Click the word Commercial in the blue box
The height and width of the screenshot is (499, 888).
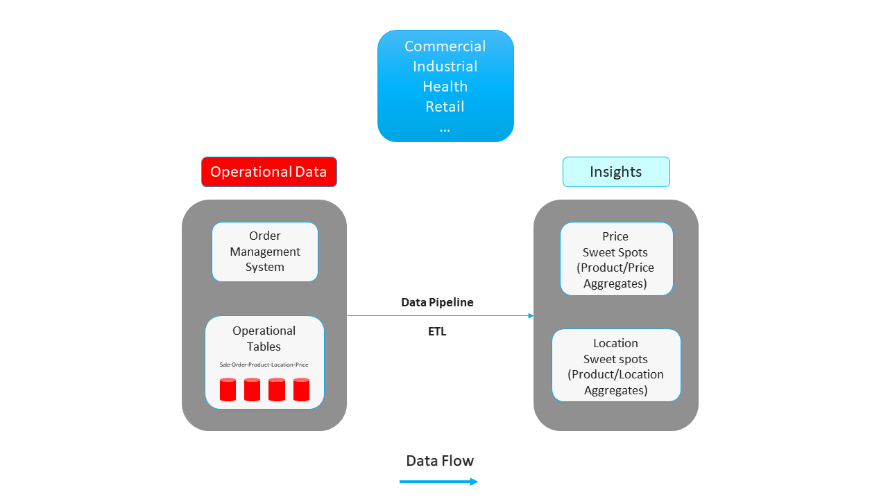445,46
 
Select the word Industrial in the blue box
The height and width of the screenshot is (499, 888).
445,67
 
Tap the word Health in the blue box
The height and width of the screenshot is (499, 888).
445,87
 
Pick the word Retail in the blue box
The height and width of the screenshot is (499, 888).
445,107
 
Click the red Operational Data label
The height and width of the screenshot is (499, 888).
268,172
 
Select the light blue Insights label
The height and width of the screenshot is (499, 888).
615,172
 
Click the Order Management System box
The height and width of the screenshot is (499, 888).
264,252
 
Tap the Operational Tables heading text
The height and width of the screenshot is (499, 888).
264,338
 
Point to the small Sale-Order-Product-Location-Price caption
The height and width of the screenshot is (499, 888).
264,365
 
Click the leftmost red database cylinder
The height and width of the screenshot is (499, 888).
228,389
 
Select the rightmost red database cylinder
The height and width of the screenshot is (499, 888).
301,389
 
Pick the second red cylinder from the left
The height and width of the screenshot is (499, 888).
252,389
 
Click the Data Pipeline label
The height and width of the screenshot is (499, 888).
437,303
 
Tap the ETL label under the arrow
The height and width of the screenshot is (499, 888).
437,332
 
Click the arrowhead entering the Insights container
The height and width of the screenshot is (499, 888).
531,316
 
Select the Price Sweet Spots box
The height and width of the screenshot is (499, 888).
616,259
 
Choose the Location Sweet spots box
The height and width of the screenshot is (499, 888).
615,365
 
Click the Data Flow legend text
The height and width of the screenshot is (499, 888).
440,461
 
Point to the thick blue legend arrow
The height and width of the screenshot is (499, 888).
438,482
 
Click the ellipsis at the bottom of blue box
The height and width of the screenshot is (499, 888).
445,128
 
